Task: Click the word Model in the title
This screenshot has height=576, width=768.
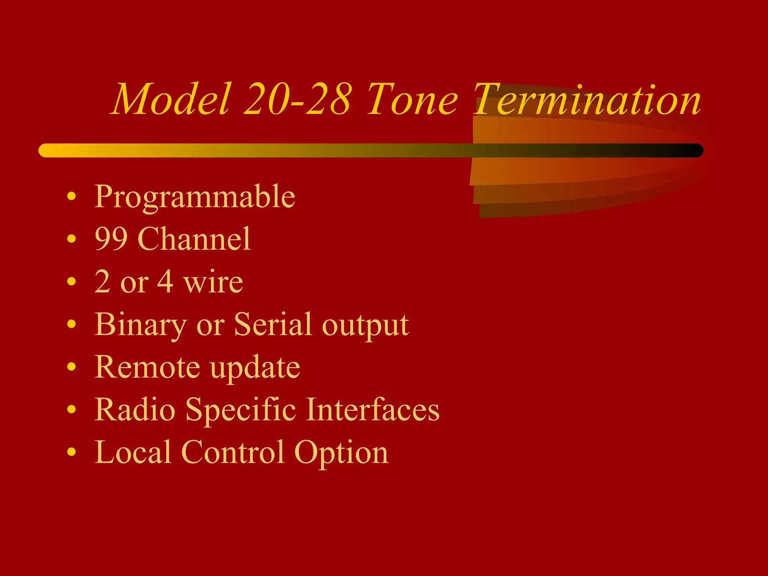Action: pyautogui.click(x=171, y=99)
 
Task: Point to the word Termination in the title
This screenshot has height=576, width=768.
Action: pyautogui.click(x=587, y=99)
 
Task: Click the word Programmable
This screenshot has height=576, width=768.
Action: pyautogui.click(x=195, y=197)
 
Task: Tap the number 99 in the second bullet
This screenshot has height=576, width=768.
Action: pyautogui.click(x=111, y=239)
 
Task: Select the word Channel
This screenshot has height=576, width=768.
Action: pyautogui.click(x=194, y=239)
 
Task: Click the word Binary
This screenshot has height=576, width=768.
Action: pyautogui.click(x=141, y=325)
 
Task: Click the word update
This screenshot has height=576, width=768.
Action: pyautogui.click(x=255, y=368)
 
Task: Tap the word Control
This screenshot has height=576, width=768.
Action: pyautogui.click(x=232, y=452)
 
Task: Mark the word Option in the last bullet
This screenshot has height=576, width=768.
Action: pyautogui.click(x=341, y=453)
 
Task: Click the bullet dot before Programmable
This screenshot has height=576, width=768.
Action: pyautogui.click(x=72, y=196)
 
